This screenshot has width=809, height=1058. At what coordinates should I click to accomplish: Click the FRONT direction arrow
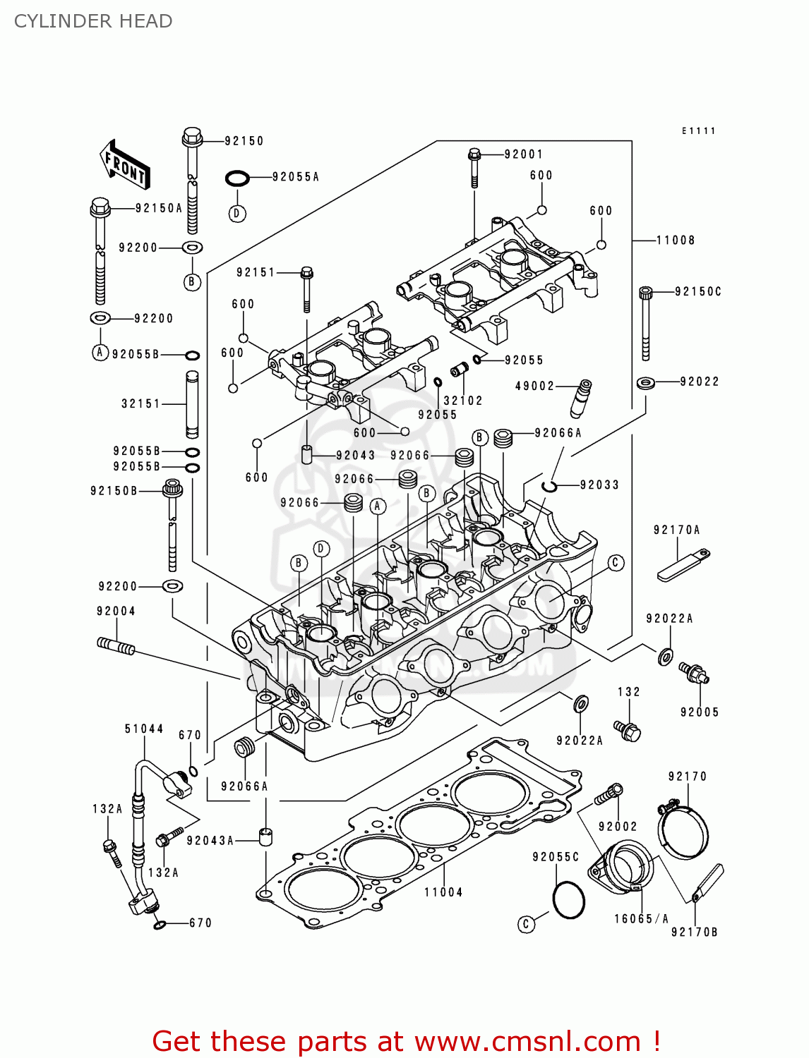pos(125,164)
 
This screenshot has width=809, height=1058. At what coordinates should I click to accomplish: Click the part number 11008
pos(675,241)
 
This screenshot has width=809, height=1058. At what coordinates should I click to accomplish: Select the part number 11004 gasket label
pos(443,892)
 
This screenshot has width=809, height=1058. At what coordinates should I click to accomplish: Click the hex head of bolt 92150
pos(192,135)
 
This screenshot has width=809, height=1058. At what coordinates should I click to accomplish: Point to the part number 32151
pos(140,404)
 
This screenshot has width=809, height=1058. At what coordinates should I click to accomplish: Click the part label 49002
pos(534,386)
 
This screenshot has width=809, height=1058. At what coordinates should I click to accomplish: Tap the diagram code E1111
pos(698,131)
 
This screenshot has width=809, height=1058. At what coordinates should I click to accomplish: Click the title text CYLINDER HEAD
pos(93,21)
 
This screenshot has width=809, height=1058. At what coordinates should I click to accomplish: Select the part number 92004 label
pos(116,612)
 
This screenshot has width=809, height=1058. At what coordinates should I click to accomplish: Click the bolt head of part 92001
pos(474,154)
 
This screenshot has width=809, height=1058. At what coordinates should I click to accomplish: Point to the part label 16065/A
pos(640,919)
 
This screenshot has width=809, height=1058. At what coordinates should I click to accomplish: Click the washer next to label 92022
pos(645,383)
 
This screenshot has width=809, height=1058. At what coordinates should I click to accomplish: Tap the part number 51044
pos(144,729)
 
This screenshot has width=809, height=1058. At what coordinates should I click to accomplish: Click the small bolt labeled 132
pos(627,730)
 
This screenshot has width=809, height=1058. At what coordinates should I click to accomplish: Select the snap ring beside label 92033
pos(550,485)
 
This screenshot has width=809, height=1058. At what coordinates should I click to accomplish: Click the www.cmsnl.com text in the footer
pos(527,1042)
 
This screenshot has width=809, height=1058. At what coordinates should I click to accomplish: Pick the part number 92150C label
pos(697,292)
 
